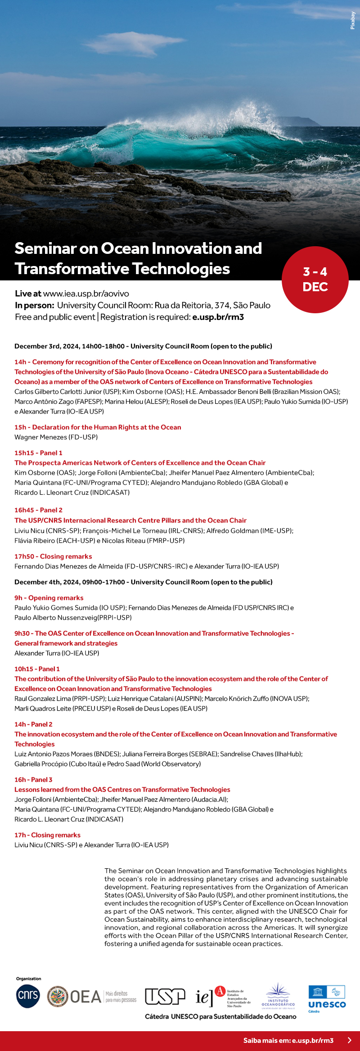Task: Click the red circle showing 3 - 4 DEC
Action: tap(315, 280)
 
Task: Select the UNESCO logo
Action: tap(327, 999)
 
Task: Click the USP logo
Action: tap(165, 996)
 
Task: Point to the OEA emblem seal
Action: tap(58, 997)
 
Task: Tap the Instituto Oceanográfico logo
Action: tap(278, 996)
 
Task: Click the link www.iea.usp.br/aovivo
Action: tap(86, 293)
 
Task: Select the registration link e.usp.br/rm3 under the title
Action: tap(218, 317)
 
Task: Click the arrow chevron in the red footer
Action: tap(350, 1040)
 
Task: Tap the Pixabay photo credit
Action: tap(353, 21)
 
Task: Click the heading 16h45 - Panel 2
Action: tap(38, 510)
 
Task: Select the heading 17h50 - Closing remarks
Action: tap(53, 556)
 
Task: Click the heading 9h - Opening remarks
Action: tap(49, 598)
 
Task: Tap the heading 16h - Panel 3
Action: tap(33, 780)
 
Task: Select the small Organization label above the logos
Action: tap(28, 979)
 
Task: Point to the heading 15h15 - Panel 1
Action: tap(38, 453)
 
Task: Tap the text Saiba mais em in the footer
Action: tap(267, 1040)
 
